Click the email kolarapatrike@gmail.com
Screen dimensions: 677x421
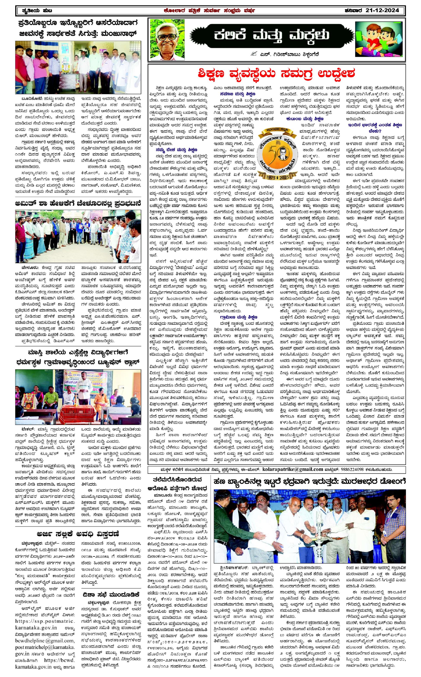293,469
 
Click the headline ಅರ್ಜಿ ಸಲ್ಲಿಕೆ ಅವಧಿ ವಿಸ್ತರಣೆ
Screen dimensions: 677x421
78,534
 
